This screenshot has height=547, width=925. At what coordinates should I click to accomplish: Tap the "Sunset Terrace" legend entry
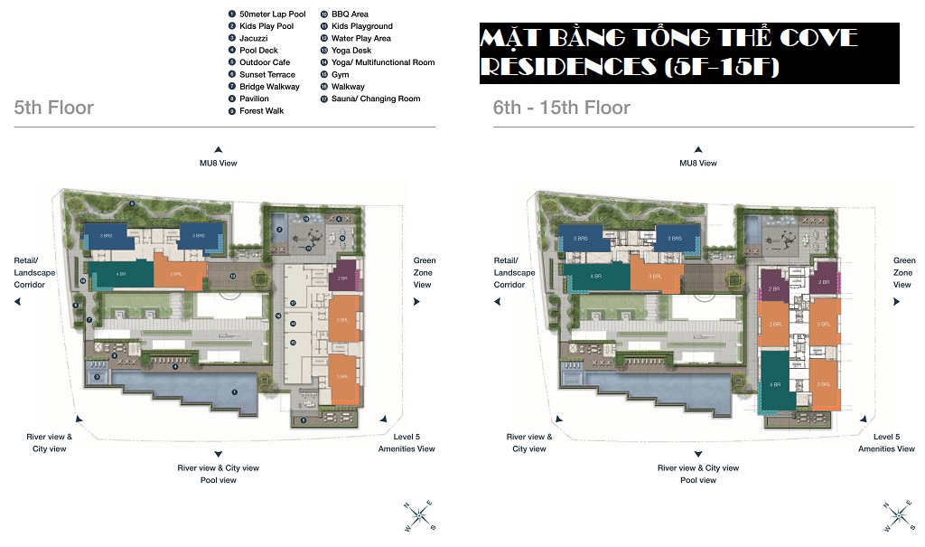267,74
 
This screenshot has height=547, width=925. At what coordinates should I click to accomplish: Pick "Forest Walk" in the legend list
261,110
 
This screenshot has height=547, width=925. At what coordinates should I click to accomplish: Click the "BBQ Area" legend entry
350,14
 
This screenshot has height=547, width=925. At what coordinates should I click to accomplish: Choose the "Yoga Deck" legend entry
351,51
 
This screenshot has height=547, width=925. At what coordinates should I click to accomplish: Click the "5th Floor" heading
54,108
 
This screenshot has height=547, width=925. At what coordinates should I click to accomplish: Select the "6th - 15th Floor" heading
561,108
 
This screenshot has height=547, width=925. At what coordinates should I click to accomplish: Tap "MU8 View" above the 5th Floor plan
218,163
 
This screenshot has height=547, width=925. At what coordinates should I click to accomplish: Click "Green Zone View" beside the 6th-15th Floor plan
902,272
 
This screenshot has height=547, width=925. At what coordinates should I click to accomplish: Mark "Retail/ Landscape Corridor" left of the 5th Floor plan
34,272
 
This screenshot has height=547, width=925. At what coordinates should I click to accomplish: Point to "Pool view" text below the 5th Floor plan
218,480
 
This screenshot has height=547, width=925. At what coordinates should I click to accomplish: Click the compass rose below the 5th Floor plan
419,515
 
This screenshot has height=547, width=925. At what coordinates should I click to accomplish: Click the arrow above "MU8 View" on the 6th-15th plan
697,149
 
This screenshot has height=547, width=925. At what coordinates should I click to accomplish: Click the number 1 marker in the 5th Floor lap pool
235,391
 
